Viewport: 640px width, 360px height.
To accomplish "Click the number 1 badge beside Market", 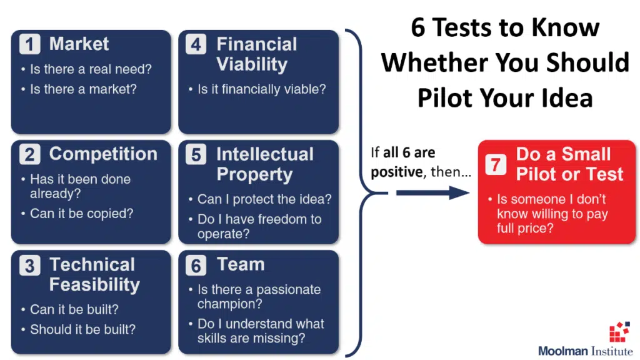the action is tap(29, 44).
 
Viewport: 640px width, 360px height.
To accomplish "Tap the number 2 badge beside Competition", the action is tap(29, 155).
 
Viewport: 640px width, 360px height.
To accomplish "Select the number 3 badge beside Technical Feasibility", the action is tap(29, 266).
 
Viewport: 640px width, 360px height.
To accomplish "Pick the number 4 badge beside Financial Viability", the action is tap(196, 44).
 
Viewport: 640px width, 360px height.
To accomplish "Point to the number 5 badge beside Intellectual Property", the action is tap(196, 155).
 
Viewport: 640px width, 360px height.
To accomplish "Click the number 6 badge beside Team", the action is tap(196, 266).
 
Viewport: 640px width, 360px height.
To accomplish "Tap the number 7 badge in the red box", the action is tap(496, 164).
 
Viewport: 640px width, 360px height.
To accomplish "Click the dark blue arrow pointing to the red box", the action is tap(432, 192).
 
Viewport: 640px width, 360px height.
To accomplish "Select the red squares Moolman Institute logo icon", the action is tap(619, 331).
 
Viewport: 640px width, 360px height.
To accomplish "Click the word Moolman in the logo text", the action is tap(563, 351).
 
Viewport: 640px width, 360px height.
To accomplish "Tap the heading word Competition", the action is tap(103, 154).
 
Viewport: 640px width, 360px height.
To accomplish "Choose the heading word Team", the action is tap(241, 264).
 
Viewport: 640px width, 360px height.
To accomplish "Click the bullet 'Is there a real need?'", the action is tap(91, 69).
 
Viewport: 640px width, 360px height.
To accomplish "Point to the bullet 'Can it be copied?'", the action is tap(82, 214).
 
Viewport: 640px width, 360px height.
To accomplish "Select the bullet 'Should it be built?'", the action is tap(82, 329).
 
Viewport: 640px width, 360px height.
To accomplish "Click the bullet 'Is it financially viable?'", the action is tap(262, 89).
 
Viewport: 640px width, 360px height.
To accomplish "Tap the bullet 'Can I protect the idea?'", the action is tap(264, 199).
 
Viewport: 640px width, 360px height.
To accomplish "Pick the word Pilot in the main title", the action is tap(444, 97).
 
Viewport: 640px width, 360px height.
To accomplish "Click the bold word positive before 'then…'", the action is tap(396, 172).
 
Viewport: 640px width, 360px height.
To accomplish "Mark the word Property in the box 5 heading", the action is tap(254, 174).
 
